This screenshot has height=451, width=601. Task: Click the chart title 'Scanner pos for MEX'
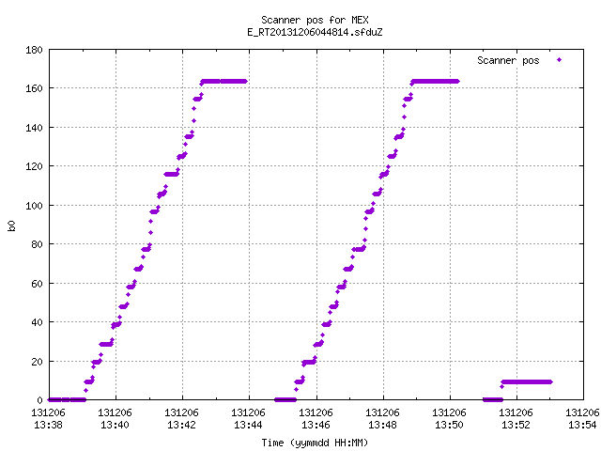pyautogui.click(x=315, y=20)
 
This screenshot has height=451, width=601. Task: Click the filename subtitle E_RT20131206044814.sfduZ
pyautogui.click(x=315, y=32)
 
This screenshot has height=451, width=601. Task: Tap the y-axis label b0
pyautogui.click(x=11, y=225)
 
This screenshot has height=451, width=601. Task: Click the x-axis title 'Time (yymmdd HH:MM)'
pyautogui.click(x=315, y=443)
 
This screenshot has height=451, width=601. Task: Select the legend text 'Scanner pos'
pyautogui.click(x=508, y=60)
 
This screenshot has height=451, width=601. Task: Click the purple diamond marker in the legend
pyautogui.click(x=560, y=59)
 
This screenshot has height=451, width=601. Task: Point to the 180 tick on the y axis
pyautogui.click(x=34, y=50)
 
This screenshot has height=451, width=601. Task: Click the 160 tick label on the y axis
pyautogui.click(x=34, y=88)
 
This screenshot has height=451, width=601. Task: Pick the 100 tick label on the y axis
pyautogui.click(x=34, y=206)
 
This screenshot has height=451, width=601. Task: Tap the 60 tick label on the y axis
pyautogui.click(x=37, y=284)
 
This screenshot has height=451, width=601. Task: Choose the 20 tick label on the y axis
pyautogui.click(x=37, y=362)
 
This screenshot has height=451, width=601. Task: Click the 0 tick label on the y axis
pyautogui.click(x=39, y=400)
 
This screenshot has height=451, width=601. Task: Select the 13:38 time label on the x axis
pyautogui.click(x=48, y=425)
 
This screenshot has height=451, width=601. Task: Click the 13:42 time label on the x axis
pyautogui.click(x=181, y=425)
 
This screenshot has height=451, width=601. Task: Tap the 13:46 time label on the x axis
pyautogui.click(x=316, y=425)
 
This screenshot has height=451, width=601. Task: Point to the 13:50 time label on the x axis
pyautogui.click(x=449, y=425)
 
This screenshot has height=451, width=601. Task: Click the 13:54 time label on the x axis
pyautogui.click(x=582, y=425)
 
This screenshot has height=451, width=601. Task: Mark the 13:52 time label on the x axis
pyautogui.click(x=516, y=425)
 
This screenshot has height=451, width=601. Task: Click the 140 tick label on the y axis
pyautogui.click(x=34, y=128)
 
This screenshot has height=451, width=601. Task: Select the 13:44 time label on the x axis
pyautogui.click(x=248, y=425)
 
